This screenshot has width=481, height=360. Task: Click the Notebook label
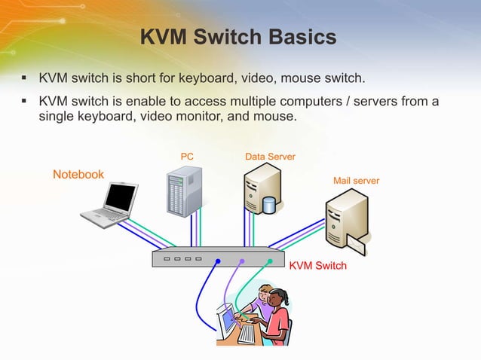click(78, 175)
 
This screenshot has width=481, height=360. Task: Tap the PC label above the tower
click(187, 157)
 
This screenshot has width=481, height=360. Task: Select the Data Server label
click(270, 157)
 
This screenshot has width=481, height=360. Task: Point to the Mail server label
click(356, 182)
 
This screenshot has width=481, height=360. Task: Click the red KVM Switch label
click(318, 266)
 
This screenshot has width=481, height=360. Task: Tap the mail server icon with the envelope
click(346, 218)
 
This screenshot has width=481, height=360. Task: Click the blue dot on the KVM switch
click(218, 261)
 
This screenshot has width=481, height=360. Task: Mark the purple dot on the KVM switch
click(242, 261)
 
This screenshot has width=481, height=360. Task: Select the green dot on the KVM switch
click(270, 261)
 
